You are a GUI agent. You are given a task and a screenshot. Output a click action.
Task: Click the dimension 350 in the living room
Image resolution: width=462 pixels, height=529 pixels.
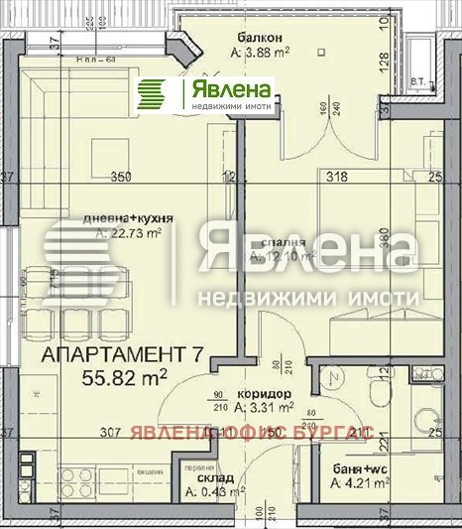coord(121,179)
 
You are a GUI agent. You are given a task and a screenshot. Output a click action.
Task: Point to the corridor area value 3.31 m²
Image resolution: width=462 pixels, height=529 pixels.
coord(265,406)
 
